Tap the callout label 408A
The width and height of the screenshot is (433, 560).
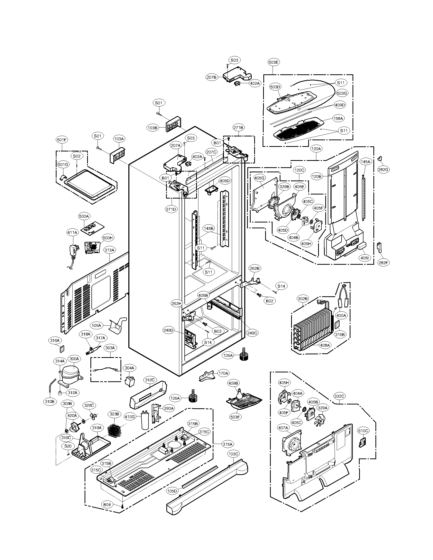(x=324, y=345)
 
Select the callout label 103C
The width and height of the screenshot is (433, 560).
(x=233, y=454)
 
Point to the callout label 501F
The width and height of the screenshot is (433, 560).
(x=62, y=140)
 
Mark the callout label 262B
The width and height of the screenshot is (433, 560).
(x=255, y=269)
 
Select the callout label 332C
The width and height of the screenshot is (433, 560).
(x=339, y=396)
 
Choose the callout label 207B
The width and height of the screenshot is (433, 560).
(x=212, y=77)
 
